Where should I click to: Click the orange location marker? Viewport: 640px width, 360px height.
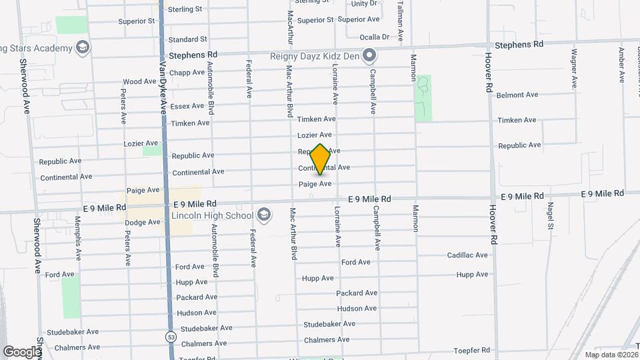pos(321,159)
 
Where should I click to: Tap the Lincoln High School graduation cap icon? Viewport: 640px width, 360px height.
pos(264,215)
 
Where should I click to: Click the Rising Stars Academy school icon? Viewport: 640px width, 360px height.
pos(82,48)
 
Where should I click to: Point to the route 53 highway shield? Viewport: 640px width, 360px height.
pos(170,337)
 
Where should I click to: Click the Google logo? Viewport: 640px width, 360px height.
pos(21,351)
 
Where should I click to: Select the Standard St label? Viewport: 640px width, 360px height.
pos(188,39)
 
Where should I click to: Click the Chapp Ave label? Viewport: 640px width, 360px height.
pos(187,73)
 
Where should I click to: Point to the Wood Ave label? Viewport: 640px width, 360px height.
pos(139,82)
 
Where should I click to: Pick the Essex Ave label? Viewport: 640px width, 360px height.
pos(187,106)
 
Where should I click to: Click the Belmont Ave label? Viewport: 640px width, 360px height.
pos(517,95)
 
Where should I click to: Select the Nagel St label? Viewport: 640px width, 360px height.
pos(551,216)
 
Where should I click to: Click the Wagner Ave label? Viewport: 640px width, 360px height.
pos(573,68)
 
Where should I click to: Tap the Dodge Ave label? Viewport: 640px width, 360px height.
pos(143,222)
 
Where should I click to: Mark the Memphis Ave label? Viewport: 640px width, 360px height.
pos(78,237)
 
